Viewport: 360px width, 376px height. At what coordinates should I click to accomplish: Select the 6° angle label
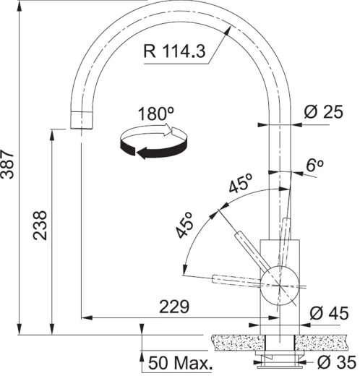click(x=314, y=165)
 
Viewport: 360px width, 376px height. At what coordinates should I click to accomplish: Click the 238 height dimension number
click(x=41, y=226)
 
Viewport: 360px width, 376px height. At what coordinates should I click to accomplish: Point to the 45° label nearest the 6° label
click(x=240, y=184)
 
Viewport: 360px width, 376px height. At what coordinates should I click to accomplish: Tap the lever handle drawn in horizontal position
click(x=231, y=278)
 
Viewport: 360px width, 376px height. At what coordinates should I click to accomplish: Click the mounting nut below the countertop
click(x=278, y=358)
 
